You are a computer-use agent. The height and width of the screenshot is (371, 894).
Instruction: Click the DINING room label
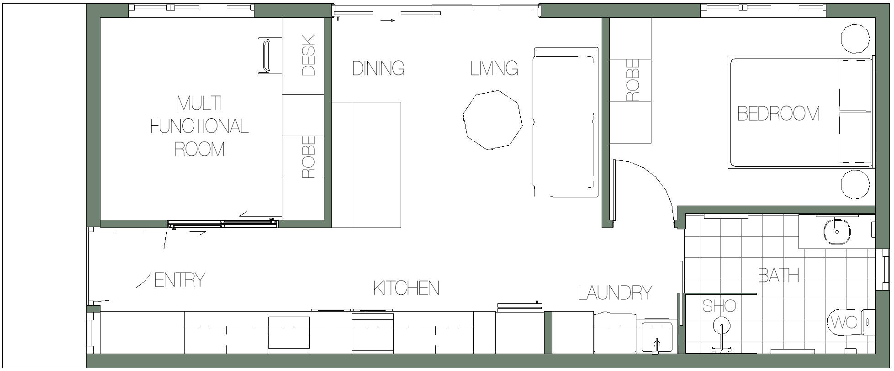pos(378,69)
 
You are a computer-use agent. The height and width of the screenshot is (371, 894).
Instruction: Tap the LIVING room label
pos(494,69)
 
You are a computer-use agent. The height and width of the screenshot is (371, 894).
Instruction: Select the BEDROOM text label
pos(778,113)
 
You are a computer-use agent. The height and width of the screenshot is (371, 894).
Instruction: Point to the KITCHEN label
pos(406,288)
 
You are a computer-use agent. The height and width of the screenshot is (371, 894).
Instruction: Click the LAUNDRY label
pos(615,292)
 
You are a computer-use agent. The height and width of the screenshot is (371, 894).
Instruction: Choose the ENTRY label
pos(180,280)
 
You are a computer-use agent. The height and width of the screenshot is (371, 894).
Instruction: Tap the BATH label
pos(778,275)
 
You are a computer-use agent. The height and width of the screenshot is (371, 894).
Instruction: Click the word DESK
pos(309,55)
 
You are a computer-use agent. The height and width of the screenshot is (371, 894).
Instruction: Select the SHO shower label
pos(719,306)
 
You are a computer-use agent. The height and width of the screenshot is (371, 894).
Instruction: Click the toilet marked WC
pos(850,322)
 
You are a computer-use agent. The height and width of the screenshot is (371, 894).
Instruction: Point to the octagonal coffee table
pos(492,120)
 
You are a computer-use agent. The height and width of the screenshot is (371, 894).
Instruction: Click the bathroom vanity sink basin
pos(837,232)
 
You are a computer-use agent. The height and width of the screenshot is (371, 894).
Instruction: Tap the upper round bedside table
pos(855,38)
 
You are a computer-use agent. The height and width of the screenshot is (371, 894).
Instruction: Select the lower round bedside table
pos(855,185)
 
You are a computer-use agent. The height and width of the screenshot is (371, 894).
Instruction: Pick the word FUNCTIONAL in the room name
pos(199,126)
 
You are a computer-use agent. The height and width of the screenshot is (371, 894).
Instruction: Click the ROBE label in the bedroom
pos(633,80)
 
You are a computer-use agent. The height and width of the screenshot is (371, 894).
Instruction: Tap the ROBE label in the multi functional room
pos(309,157)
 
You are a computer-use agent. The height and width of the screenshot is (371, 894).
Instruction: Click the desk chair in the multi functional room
pos(264,56)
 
